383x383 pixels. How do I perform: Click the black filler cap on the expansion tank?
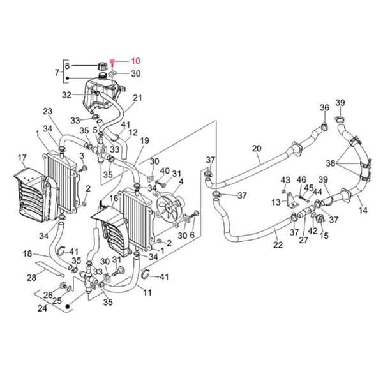101,66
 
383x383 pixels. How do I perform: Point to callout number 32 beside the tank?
67,95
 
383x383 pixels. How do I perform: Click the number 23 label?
47,111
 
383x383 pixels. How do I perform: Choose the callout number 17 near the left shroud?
22,158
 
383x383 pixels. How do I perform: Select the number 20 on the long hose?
257,149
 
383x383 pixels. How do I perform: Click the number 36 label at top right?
324,107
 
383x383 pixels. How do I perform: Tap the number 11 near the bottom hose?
147,293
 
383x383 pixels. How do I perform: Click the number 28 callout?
31,278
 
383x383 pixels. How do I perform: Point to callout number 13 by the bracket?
275,202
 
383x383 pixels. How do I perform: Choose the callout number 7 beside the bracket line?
58,74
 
